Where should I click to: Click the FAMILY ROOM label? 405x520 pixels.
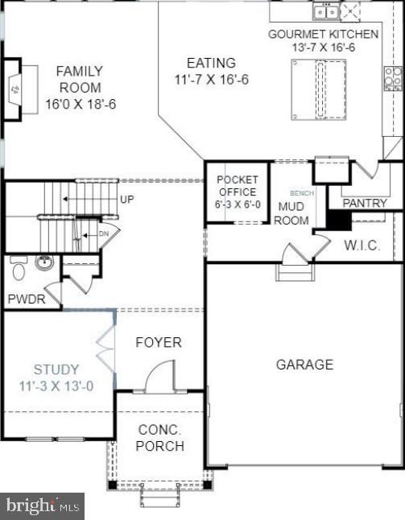point(79,87)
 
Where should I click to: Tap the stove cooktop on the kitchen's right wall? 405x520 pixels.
point(392,78)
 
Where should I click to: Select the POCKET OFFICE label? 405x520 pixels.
point(237,192)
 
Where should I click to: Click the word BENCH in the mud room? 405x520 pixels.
point(301,193)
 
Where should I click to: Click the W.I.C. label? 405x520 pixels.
point(362,245)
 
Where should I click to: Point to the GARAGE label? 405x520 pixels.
point(304,365)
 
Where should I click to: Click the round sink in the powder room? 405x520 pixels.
point(44,262)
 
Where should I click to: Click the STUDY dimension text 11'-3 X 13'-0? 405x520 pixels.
point(56,386)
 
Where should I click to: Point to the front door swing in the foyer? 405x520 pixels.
point(160,376)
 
